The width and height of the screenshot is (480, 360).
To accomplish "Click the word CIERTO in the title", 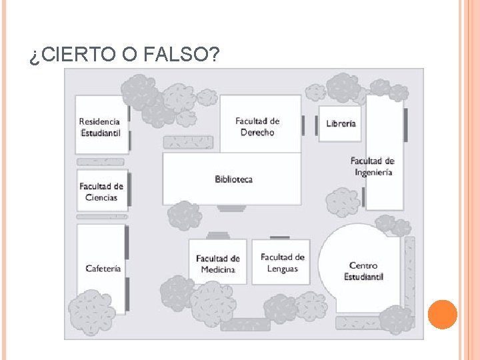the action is (x=77, y=55).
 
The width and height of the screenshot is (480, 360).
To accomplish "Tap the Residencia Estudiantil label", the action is (x=99, y=127).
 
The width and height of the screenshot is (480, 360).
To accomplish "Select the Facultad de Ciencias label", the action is (x=101, y=192).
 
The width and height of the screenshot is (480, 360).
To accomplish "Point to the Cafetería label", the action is (x=103, y=269).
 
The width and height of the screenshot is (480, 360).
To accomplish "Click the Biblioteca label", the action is (x=233, y=179).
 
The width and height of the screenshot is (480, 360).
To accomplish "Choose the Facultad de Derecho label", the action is (x=257, y=127).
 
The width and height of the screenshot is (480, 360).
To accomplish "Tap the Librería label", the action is (x=341, y=124).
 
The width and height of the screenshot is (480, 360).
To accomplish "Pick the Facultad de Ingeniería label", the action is (x=373, y=166).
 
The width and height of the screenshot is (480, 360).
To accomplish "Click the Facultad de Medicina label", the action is (x=218, y=264).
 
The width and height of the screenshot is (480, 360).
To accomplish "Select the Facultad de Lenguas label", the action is (x=282, y=263).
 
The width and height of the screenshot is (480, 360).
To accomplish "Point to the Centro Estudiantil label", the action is (x=363, y=271).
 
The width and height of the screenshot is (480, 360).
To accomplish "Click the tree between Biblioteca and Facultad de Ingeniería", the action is (x=343, y=202).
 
